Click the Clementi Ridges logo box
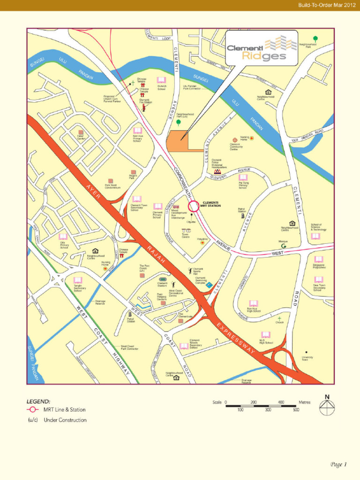coord(261,48)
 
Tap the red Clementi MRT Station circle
coord(194,206)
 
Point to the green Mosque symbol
coord(283,246)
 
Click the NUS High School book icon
coord(266,334)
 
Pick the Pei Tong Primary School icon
coord(243,178)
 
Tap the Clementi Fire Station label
coord(145,101)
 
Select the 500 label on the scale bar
coord(296,410)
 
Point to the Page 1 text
coord(337,465)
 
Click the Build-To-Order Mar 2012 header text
coord(326,5)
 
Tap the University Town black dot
coord(306,352)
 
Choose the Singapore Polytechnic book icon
coord(319,259)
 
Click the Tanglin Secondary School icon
coord(77,280)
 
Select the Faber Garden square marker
coord(81,133)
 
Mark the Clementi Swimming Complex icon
coord(209,285)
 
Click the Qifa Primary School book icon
coord(63,237)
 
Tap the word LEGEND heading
coord(38,402)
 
